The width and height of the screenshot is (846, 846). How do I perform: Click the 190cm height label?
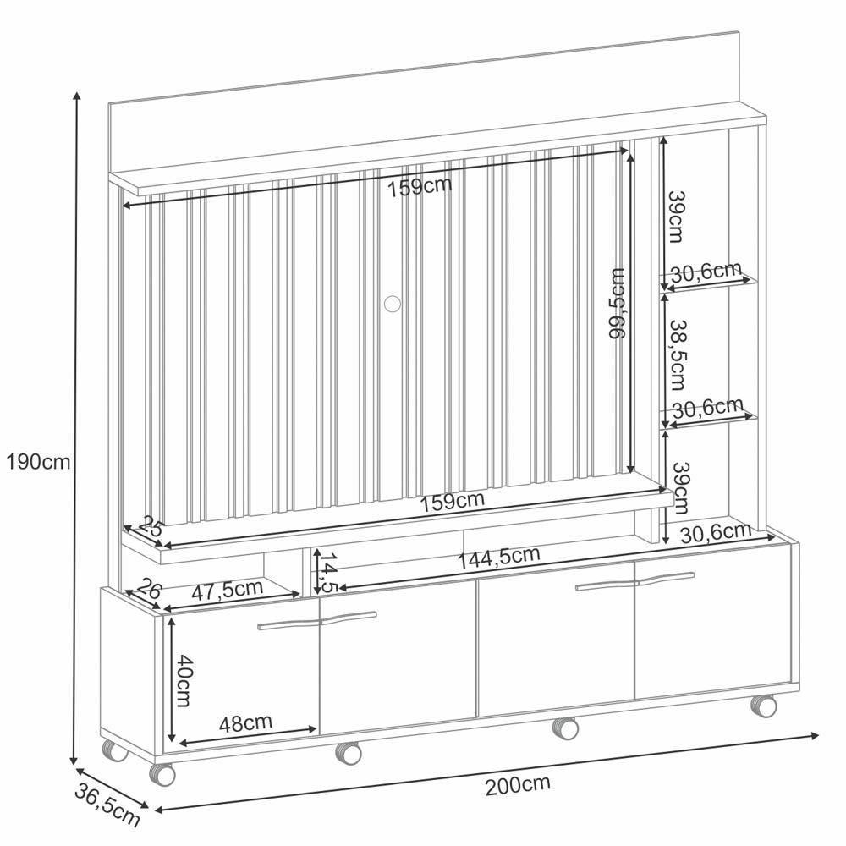(37, 462)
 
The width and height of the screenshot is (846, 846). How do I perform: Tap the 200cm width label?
(518, 784)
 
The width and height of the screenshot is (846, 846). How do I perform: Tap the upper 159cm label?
(420, 186)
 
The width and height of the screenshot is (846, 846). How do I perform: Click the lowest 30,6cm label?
(716, 532)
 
